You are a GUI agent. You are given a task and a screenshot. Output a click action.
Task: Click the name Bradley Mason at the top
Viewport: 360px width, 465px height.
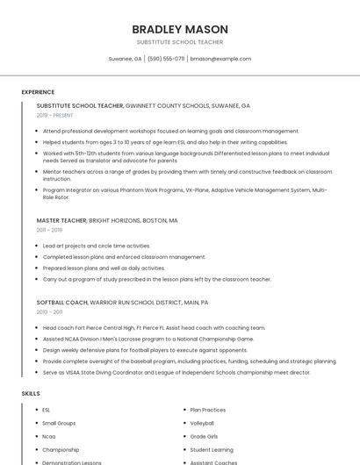(x=179, y=29)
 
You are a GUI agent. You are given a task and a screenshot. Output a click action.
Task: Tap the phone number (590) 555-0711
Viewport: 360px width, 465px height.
(x=165, y=59)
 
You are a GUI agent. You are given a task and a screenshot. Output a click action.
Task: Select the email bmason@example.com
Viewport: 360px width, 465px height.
(x=220, y=59)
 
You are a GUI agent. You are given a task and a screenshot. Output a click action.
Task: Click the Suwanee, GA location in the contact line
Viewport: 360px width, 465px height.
(x=125, y=59)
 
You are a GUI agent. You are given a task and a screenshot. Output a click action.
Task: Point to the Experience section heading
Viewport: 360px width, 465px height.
(x=38, y=92)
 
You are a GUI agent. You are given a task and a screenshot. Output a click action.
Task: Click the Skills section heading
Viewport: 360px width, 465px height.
(x=31, y=394)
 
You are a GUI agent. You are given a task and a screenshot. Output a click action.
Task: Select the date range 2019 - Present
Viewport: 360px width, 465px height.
(x=54, y=115)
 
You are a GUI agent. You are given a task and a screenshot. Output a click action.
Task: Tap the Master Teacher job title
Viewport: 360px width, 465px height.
(x=61, y=221)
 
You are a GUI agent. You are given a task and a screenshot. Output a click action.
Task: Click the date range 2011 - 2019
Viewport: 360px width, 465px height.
(x=49, y=230)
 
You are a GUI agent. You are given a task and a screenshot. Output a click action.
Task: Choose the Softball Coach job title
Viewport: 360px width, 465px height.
(x=62, y=302)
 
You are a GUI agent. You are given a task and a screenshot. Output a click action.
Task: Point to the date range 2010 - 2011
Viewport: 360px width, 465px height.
(x=49, y=311)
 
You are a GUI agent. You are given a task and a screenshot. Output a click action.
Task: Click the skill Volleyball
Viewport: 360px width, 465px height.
(x=202, y=423)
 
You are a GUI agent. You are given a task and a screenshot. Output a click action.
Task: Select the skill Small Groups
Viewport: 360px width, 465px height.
(x=59, y=423)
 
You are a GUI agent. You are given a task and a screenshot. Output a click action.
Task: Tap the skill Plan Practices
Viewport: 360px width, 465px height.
(x=208, y=410)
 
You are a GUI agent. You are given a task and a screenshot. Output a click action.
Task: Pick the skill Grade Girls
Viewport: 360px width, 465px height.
(x=204, y=436)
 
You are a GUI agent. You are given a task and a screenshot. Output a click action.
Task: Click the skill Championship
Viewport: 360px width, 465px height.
(x=61, y=449)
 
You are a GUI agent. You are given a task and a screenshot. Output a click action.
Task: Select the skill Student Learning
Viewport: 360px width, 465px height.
(x=212, y=449)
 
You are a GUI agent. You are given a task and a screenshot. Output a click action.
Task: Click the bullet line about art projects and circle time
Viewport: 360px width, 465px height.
(x=97, y=246)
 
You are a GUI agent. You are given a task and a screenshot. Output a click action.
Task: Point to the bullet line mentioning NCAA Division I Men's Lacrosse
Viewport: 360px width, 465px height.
(x=148, y=339)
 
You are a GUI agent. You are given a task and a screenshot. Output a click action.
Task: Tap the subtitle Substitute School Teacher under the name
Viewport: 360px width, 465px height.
(x=179, y=42)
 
